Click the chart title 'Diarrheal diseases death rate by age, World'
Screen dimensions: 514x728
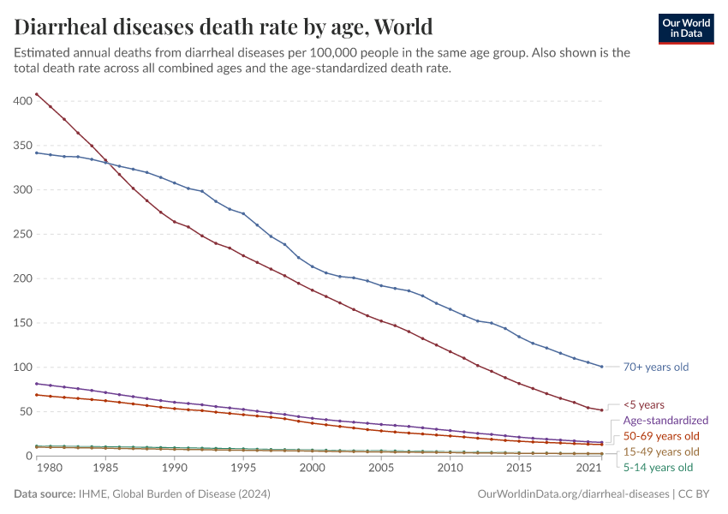[x=224, y=26]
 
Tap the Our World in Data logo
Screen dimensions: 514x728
[x=685, y=28]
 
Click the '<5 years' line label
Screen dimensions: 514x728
[x=643, y=404]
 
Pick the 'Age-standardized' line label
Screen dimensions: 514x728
[x=665, y=421]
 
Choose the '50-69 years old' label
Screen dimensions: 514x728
[x=661, y=436]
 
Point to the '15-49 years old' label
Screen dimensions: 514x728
[x=661, y=451]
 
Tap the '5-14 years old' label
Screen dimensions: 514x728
[x=658, y=467]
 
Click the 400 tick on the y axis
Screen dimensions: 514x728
[x=22, y=101]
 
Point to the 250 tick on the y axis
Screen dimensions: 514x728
[x=22, y=234]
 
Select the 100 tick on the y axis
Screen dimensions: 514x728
[x=22, y=367]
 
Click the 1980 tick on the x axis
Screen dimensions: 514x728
[x=51, y=469]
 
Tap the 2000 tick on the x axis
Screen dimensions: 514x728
[x=313, y=469]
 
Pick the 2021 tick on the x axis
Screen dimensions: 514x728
[x=588, y=469]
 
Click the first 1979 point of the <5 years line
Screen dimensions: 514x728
[x=37, y=93]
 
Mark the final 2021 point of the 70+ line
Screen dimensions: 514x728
[x=602, y=367]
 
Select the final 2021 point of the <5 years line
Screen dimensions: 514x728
[x=602, y=410]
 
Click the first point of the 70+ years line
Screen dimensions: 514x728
[x=37, y=152]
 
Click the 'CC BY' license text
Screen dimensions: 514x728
[x=695, y=494]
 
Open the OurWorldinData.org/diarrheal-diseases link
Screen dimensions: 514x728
[x=572, y=494]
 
